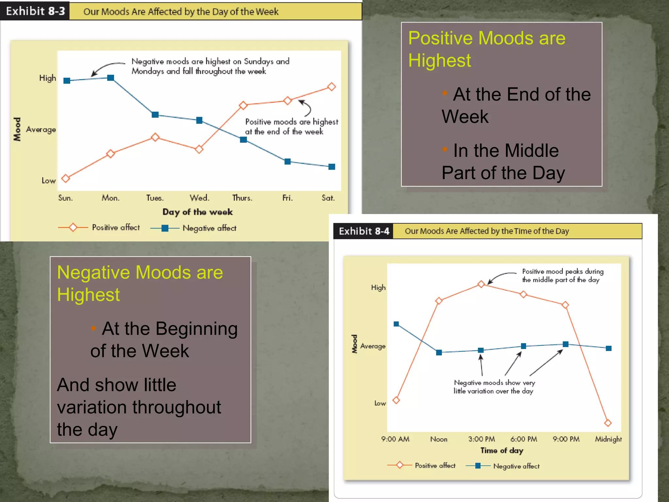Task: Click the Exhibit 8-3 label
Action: (35, 11)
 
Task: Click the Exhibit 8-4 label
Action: (364, 231)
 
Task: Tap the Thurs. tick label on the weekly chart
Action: (242, 198)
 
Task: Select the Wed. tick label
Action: (199, 198)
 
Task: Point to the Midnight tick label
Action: (608, 439)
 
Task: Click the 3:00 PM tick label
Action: (481, 439)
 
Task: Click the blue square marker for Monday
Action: (111, 78)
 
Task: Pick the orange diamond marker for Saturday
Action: (332, 87)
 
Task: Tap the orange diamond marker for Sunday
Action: (66, 178)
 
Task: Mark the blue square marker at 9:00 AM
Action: (396, 324)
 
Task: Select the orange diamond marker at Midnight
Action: (608, 423)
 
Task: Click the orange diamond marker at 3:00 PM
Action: (481, 284)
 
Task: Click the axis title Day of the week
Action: (198, 212)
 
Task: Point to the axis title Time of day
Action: (502, 451)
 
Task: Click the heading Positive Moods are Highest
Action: (487, 49)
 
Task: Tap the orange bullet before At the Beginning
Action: (93, 328)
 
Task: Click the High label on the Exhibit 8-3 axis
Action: (48, 78)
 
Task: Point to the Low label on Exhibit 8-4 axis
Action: (380, 404)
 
